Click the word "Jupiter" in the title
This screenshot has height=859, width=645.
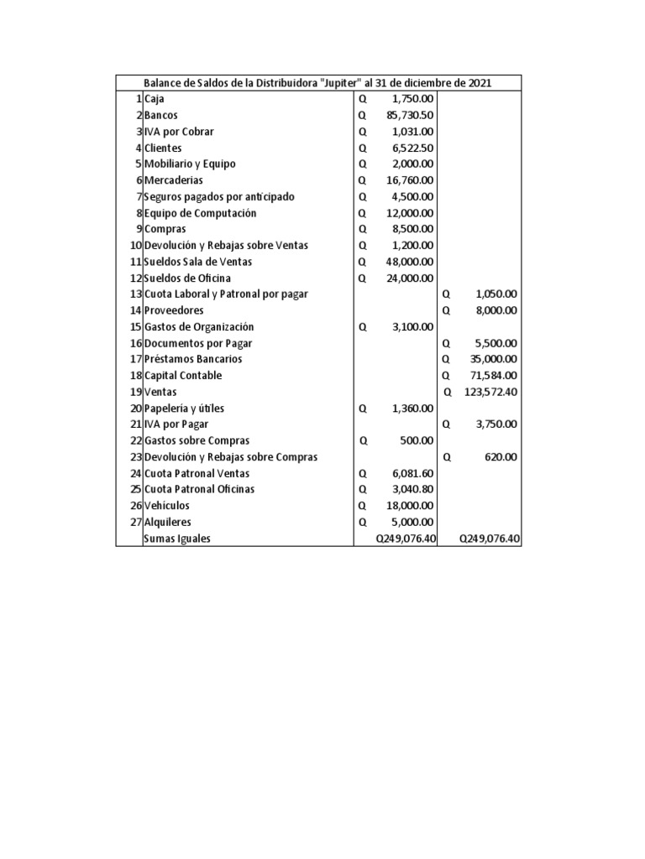click(339, 83)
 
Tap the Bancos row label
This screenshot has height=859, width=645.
click(161, 115)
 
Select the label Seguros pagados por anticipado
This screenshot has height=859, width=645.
click(219, 196)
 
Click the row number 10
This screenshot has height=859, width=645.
click(135, 246)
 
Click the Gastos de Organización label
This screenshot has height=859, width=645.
click(199, 327)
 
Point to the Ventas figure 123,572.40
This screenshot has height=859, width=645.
click(490, 392)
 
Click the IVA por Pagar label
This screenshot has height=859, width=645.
click(176, 424)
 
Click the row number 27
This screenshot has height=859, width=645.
click(135, 522)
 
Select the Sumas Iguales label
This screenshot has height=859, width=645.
click(177, 539)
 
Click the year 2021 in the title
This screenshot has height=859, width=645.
click(480, 83)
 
